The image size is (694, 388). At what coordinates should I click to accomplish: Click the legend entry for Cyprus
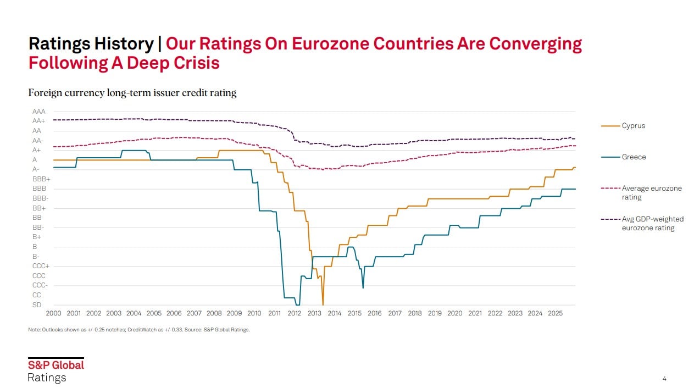coord(634,126)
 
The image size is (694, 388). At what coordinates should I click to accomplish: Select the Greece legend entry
coord(634,157)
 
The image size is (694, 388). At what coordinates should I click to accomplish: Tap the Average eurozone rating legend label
coord(651,192)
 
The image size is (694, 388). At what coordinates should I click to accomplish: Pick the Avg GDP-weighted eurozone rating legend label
coord(652,223)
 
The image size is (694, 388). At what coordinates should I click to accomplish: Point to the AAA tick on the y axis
coord(39,112)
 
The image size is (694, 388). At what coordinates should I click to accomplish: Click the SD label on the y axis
coord(37,305)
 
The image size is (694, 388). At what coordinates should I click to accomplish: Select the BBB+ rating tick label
coord(41,179)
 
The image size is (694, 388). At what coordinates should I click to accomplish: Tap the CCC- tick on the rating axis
coord(40,285)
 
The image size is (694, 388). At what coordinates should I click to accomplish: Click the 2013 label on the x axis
coord(314,313)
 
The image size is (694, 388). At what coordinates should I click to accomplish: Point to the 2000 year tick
coord(53,313)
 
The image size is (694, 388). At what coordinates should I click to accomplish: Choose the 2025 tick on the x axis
coord(555,313)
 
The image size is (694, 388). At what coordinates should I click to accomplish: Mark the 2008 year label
coord(214,313)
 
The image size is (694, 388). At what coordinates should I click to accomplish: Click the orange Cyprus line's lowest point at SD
coord(323,304)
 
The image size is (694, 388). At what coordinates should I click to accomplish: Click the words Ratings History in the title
coord(91,44)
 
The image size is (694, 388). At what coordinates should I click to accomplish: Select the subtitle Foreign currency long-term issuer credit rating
coord(132,93)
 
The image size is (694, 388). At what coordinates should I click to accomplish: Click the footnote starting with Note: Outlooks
coord(139,330)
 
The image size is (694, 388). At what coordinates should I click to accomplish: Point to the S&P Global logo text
coord(56,365)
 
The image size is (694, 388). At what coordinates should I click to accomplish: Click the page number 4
coord(664,378)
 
